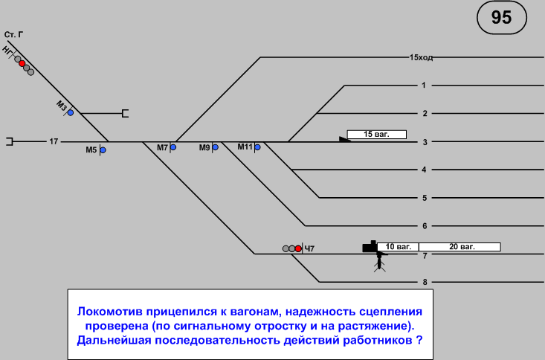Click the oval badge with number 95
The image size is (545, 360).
[x=502, y=18]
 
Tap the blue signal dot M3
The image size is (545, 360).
[x=71, y=112]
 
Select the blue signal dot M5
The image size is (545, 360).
[x=103, y=150]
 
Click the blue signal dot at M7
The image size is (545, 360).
[x=173, y=147]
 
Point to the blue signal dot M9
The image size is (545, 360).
[x=215, y=147]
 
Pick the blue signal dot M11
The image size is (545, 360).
[x=257, y=147]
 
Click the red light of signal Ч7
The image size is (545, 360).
[x=298, y=248]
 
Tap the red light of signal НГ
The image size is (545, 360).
[x=22, y=63]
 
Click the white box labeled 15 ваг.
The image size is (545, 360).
[x=377, y=135]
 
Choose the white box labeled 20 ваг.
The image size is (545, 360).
[x=459, y=246]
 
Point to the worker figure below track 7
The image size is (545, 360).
[x=380, y=261]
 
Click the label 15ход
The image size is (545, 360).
[x=421, y=57]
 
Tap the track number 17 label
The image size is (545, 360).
[x=54, y=141]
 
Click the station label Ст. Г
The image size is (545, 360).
[x=13, y=34]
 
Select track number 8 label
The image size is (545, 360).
[x=424, y=282]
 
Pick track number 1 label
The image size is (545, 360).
[x=424, y=85]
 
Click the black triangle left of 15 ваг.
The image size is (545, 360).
[x=344, y=138]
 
